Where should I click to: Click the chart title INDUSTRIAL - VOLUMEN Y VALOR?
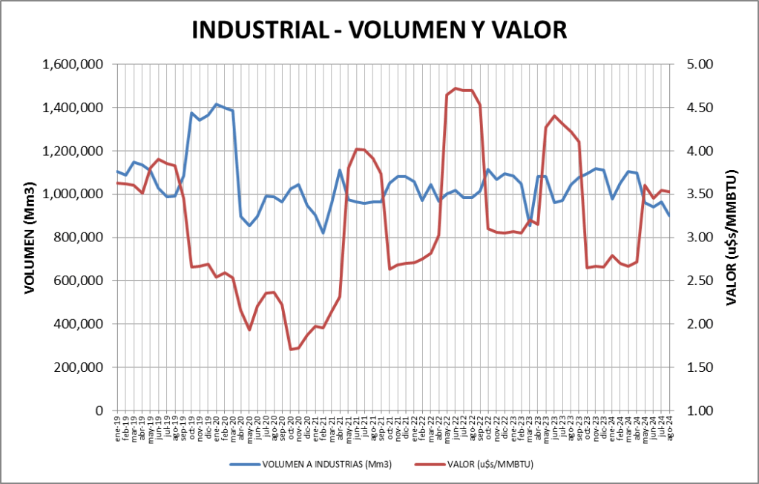[x=379, y=29]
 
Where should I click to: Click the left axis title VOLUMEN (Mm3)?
[x=30, y=237]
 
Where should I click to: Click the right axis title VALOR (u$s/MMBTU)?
[x=731, y=237]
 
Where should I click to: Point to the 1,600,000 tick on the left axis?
[x=72, y=65]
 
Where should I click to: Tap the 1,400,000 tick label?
[x=72, y=108]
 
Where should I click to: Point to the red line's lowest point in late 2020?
[x=291, y=349]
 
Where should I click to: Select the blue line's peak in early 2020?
[x=216, y=104]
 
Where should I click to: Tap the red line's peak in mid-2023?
[x=554, y=116]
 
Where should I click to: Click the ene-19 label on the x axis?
[x=117, y=425]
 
